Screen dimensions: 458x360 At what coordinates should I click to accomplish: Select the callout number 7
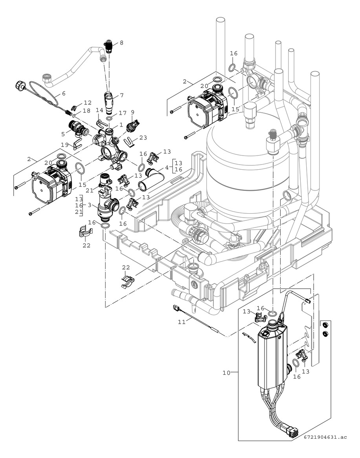click(x=122, y=95)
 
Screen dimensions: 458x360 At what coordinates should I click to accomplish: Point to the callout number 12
click(x=87, y=103)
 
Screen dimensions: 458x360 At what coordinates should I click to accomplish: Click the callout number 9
click(x=132, y=112)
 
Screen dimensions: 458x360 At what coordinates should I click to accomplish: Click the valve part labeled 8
click(x=109, y=46)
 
